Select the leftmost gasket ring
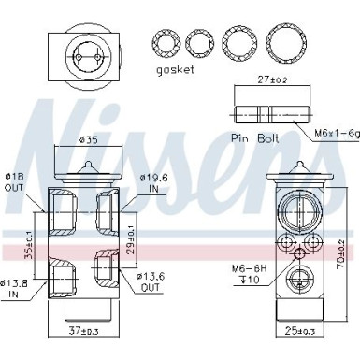point(166,42)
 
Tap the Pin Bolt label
point(255,137)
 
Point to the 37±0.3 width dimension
point(84,330)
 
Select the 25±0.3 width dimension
point(298,330)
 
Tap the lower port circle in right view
point(299,281)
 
